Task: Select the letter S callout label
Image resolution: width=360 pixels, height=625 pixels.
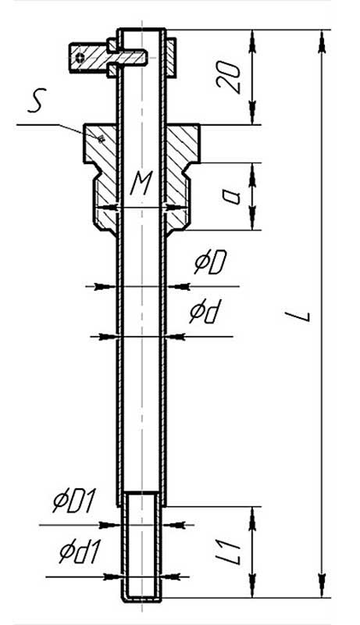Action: point(37,100)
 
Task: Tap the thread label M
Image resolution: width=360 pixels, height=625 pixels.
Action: point(141,184)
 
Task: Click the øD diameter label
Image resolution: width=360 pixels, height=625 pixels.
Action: point(210,262)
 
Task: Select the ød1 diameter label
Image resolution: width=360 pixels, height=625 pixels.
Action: point(79,552)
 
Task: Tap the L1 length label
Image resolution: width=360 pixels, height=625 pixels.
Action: point(233,552)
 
